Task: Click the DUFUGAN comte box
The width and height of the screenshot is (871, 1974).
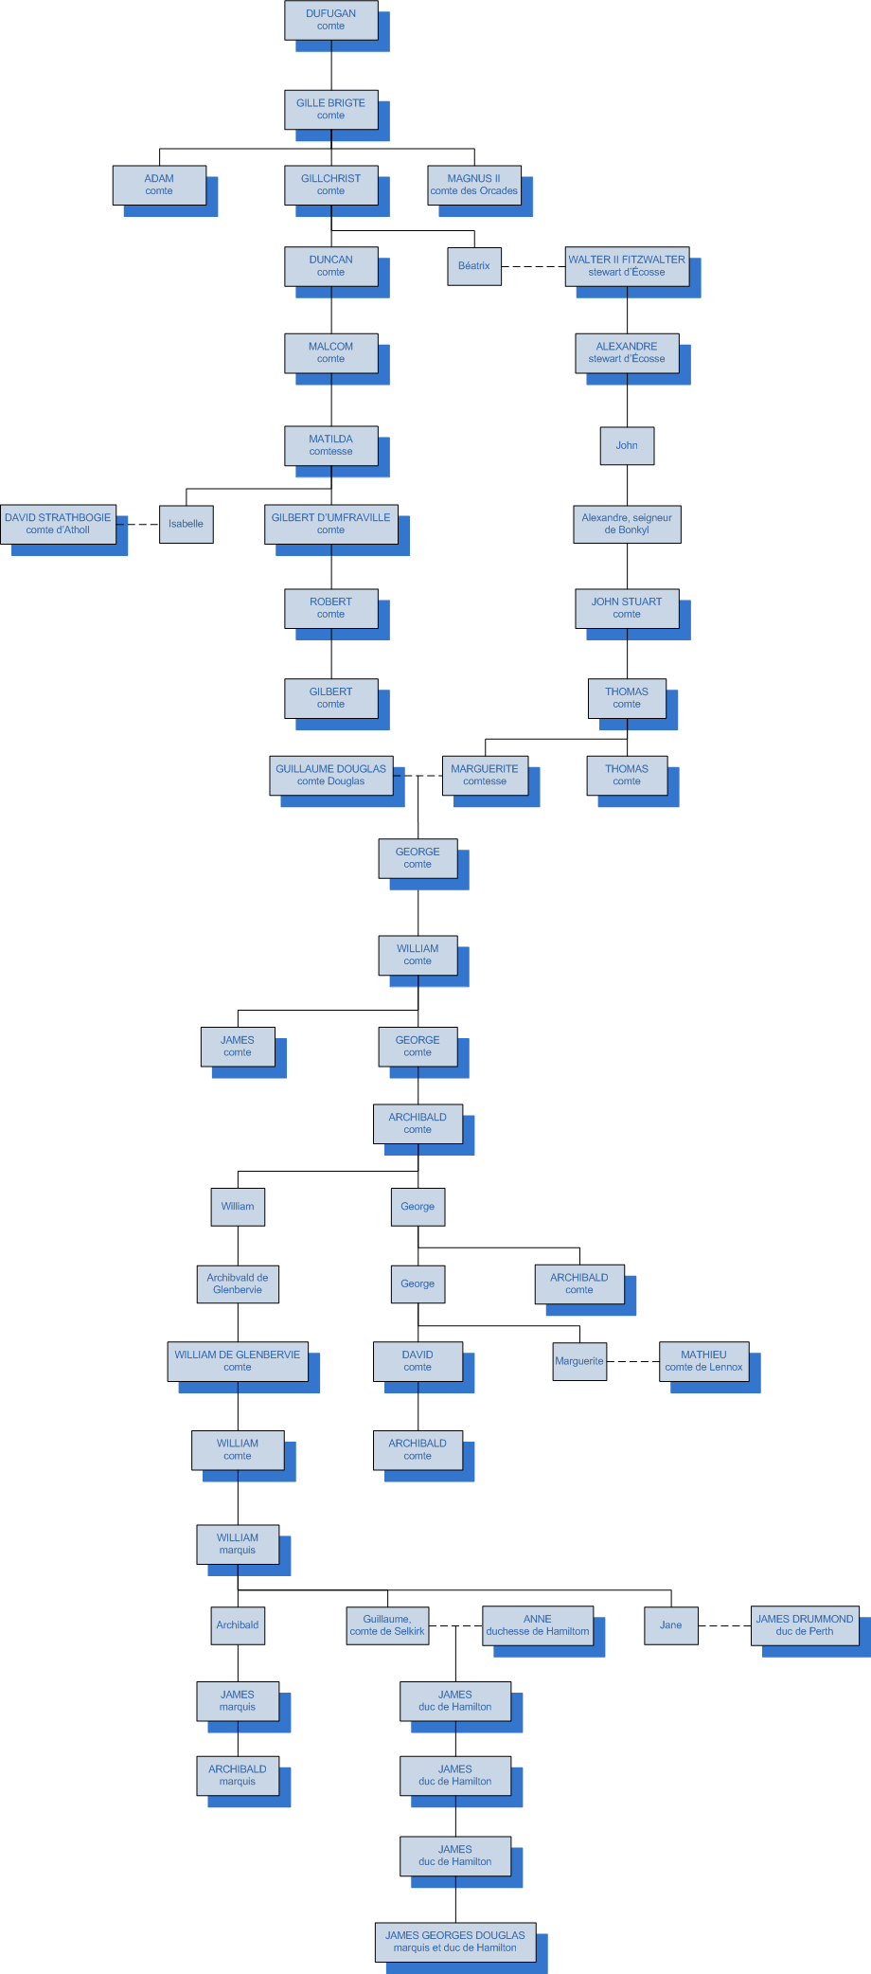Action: (x=330, y=20)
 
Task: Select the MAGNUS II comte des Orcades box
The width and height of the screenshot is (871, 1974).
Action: (x=473, y=185)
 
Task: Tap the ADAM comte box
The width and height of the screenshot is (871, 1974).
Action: (x=159, y=185)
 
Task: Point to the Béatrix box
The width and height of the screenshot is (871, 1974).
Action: (x=473, y=266)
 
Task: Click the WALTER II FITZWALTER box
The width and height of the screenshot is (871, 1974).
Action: (x=627, y=266)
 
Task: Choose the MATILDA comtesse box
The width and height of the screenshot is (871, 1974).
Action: (x=330, y=445)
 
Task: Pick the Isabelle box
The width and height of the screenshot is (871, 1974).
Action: (x=186, y=524)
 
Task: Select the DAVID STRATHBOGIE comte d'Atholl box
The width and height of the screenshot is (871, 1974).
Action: (x=58, y=524)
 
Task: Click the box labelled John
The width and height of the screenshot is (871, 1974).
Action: (x=627, y=445)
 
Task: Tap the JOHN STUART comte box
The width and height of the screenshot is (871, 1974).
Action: (x=627, y=608)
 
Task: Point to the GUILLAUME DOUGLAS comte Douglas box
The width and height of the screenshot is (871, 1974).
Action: (x=330, y=775)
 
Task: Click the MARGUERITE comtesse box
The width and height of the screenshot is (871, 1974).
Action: (x=485, y=775)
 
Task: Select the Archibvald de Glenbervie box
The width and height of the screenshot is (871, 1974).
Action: (x=238, y=1283)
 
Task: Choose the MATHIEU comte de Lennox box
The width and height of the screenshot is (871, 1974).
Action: (x=703, y=1361)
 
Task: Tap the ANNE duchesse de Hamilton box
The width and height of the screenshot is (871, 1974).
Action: (x=538, y=1625)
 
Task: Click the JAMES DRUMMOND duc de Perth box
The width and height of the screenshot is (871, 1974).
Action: (x=805, y=1625)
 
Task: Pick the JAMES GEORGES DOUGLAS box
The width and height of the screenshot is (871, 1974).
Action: (x=454, y=1942)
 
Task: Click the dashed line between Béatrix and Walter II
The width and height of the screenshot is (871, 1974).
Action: (x=533, y=267)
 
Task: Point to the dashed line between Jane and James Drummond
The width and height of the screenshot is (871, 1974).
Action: (x=724, y=1626)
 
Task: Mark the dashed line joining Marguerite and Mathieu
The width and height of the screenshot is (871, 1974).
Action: (x=632, y=1362)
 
